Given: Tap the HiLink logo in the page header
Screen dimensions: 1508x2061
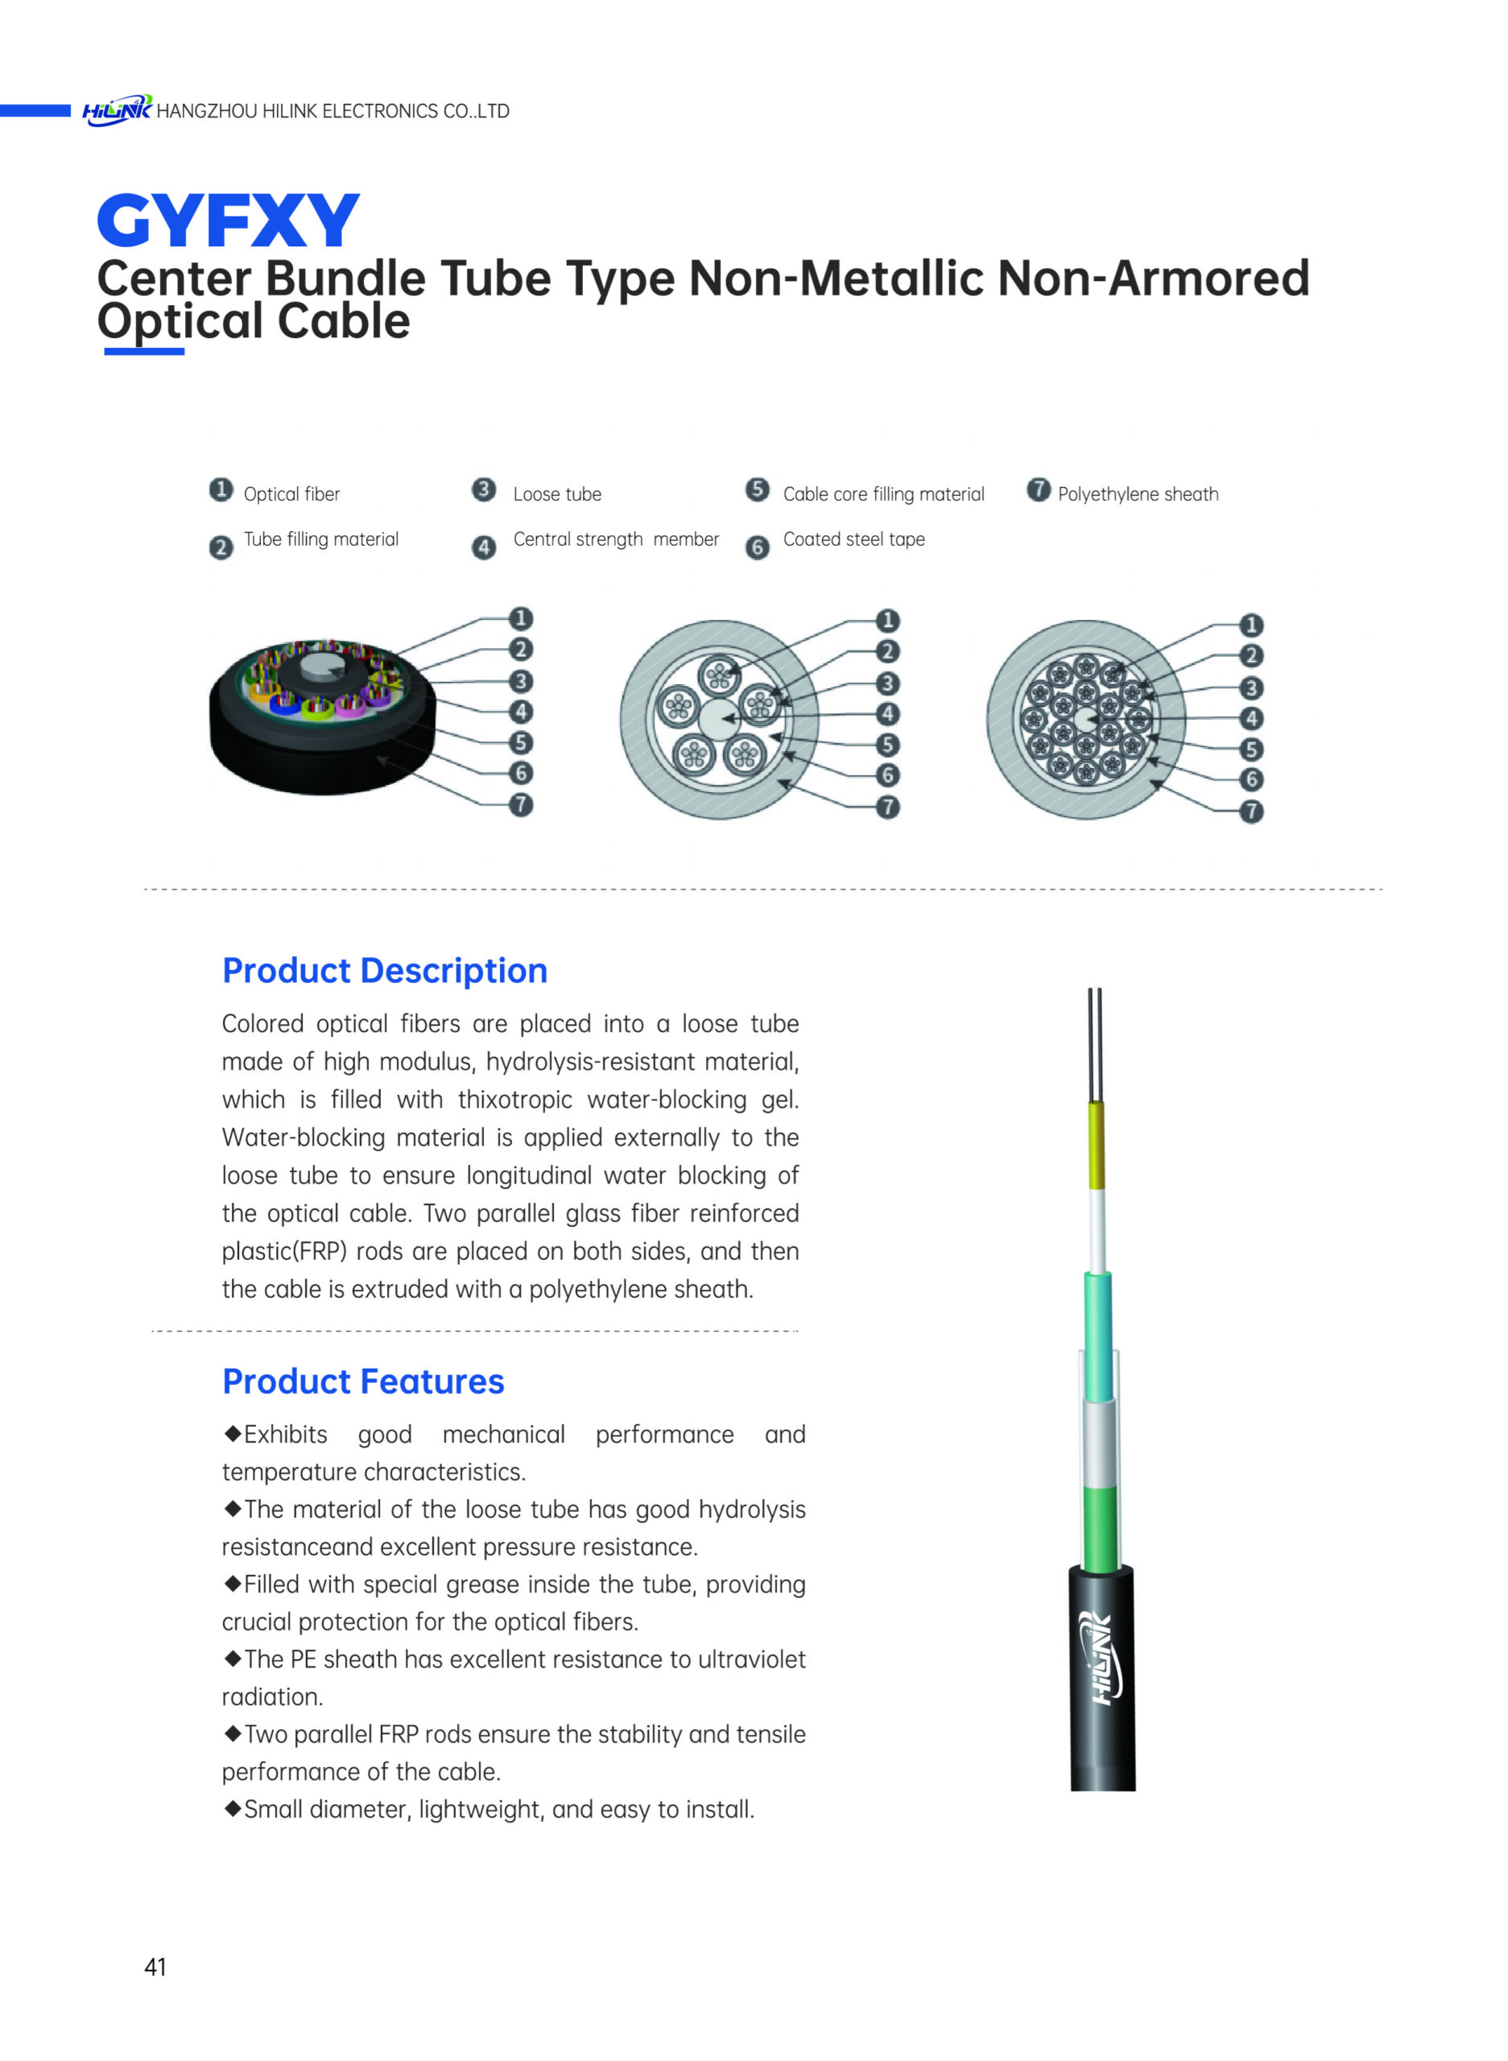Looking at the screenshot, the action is click(x=117, y=110).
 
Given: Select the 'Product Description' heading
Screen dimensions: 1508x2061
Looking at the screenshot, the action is click(x=384, y=970).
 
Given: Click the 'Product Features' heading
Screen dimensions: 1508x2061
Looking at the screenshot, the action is click(x=363, y=1381).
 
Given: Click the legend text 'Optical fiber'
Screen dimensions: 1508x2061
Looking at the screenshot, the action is click(x=291, y=494).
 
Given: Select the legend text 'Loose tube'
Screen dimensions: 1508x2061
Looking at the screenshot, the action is click(x=557, y=494).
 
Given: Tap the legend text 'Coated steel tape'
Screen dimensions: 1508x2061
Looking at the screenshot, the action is click(x=853, y=539).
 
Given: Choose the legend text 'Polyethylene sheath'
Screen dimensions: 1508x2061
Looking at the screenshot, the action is click(x=1138, y=494).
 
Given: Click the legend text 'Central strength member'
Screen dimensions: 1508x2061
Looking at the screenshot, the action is click(x=616, y=539).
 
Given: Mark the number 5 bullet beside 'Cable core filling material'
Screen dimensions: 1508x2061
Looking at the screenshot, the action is click(x=758, y=490).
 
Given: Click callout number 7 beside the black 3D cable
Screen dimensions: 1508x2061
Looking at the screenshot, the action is click(x=520, y=805).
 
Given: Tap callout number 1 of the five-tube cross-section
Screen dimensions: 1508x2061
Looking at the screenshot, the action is click(x=887, y=621).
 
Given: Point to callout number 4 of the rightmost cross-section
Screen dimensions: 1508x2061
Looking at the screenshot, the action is click(x=1251, y=718).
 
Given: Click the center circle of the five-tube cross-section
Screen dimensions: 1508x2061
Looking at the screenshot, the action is click(x=719, y=718).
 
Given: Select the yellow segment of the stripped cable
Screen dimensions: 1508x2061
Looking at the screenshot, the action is click(x=1097, y=1145).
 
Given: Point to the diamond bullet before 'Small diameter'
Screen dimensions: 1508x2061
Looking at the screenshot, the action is click(x=233, y=1808).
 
